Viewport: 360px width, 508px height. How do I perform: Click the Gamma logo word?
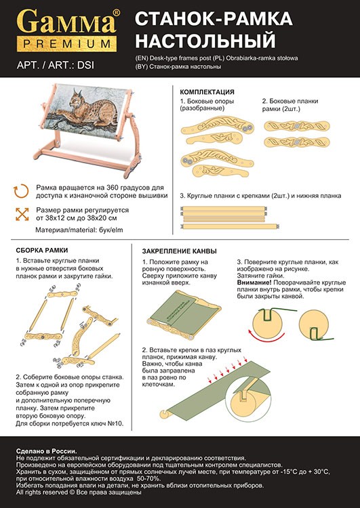66,22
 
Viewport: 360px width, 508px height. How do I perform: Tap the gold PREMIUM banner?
67,44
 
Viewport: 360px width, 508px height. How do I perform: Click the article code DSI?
86,65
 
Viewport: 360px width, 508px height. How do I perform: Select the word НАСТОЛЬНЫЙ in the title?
205,41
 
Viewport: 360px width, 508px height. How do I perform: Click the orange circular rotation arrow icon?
22,192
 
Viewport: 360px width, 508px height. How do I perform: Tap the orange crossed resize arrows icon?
22,214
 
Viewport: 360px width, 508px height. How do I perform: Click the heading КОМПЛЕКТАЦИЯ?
207,92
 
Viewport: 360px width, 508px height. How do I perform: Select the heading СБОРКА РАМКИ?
42,250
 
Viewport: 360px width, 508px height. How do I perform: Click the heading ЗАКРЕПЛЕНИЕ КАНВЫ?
180,251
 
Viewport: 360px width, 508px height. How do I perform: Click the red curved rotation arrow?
266,336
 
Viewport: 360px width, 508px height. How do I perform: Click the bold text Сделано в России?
47,451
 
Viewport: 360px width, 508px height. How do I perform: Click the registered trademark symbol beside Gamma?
116,12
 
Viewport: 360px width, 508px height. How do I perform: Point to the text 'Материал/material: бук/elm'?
79,230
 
